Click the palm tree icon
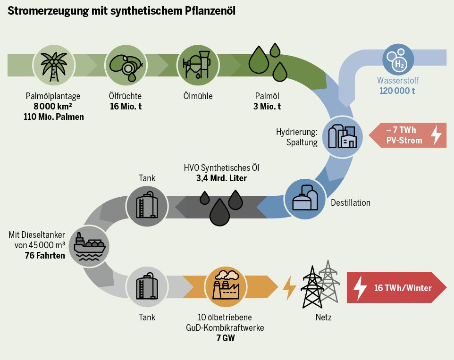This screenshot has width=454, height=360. click(x=53, y=65)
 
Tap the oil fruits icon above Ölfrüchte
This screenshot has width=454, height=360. click(x=125, y=65)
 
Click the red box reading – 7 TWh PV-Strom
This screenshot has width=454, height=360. click(x=407, y=135)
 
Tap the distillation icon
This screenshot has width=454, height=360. click(x=306, y=200)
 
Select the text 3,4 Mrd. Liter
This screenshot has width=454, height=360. click(x=221, y=178)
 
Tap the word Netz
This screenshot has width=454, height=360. click(x=323, y=318)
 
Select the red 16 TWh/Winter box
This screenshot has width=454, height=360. click(x=396, y=288)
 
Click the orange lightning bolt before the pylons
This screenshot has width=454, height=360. click(x=289, y=288)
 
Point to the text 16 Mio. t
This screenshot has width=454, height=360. click(x=126, y=107)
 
